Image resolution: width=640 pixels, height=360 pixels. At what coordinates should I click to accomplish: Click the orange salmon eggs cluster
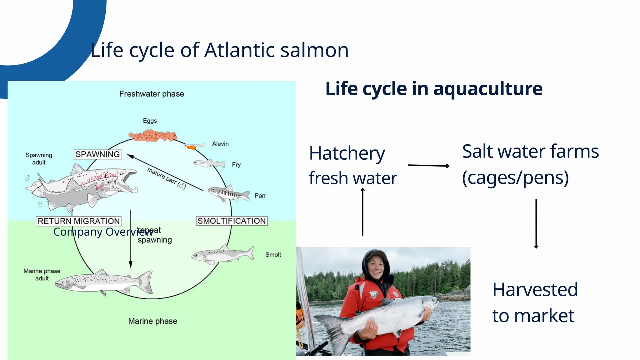pyautogui.click(x=153, y=136)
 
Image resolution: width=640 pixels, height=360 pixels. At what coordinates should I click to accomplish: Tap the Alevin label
pyautogui.click(x=220, y=144)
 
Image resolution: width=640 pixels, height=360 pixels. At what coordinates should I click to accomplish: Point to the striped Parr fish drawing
pyautogui.click(x=228, y=193)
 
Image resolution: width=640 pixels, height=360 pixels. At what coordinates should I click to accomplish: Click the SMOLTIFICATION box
pyautogui.click(x=232, y=221)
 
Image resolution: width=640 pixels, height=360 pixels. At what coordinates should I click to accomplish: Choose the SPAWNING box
pyautogui.click(x=98, y=154)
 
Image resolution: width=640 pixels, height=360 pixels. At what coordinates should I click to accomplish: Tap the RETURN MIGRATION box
pyautogui.click(x=79, y=221)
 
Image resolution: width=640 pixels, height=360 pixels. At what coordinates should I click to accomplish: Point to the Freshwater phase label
pyautogui.click(x=152, y=94)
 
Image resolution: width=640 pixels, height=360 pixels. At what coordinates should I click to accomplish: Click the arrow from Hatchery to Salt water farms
pyautogui.click(x=428, y=165)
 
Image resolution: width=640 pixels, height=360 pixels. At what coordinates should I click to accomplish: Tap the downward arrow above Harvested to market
pyautogui.click(x=536, y=224)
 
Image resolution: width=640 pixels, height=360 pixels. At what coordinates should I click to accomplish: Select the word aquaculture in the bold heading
pyautogui.click(x=488, y=89)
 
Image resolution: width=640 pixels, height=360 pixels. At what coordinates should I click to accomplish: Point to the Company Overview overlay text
pyautogui.click(x=103, y=232)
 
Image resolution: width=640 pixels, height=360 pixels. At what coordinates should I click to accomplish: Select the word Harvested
pyautogui.click(x=535, y=289)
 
